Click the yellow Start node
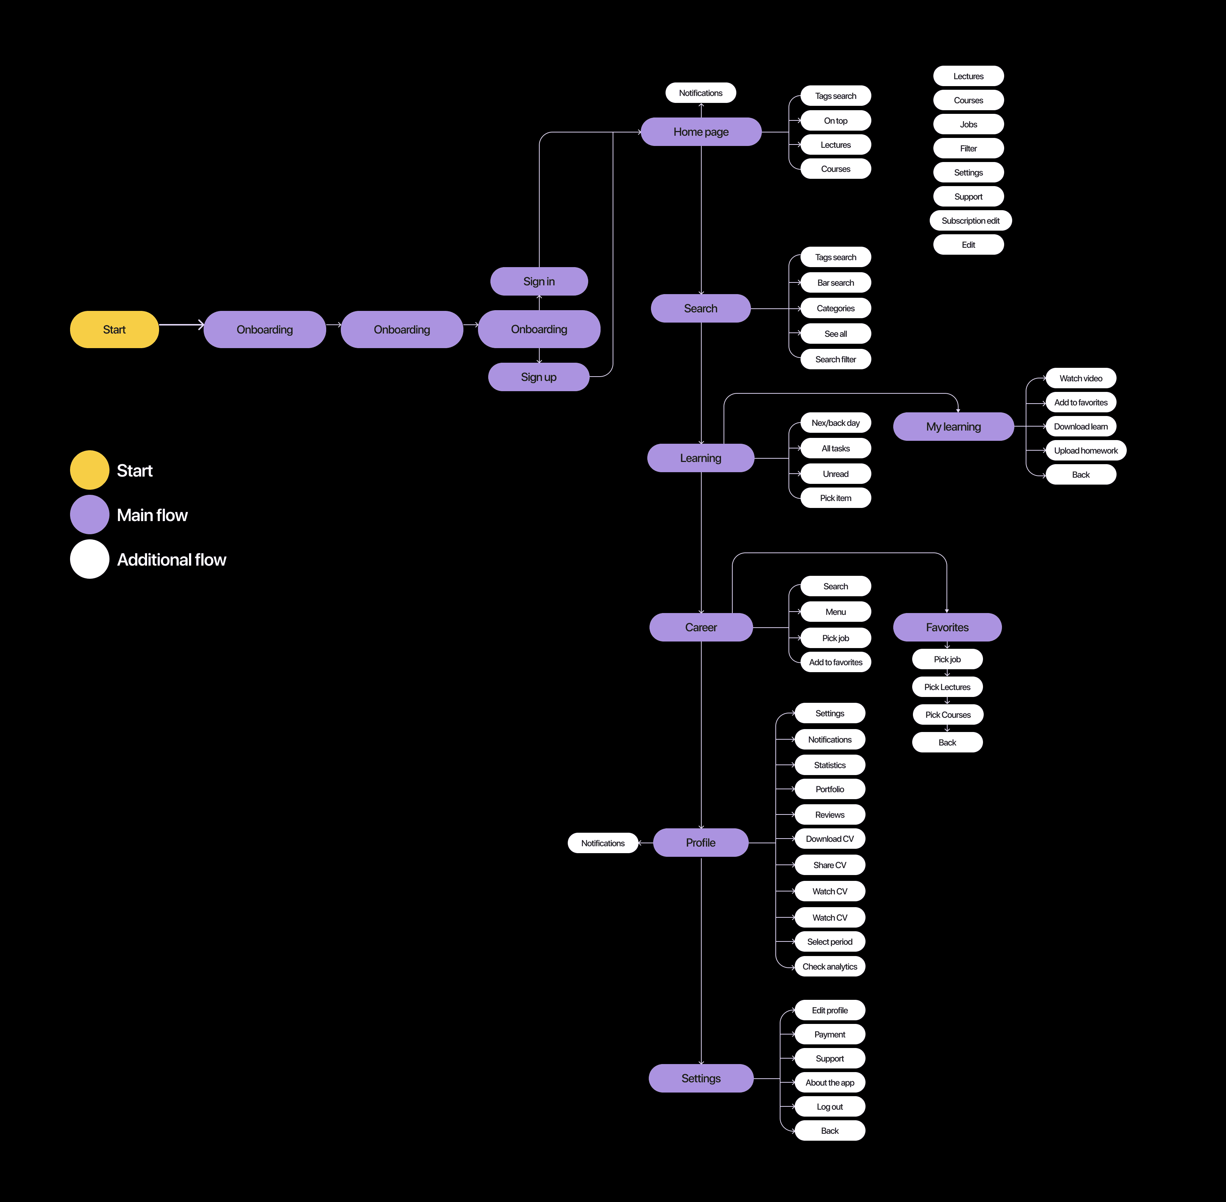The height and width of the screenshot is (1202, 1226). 114,330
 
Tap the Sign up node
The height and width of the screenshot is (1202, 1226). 539,377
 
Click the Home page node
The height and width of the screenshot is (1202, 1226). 701,132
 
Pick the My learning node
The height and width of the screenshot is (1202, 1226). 953,427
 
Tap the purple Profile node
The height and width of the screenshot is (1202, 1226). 701,843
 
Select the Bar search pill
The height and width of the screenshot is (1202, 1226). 835,283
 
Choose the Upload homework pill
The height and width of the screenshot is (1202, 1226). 1086,451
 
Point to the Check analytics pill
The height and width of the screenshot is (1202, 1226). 829,967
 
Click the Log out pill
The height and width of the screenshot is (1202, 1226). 829,1107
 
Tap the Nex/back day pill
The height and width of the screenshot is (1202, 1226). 835,423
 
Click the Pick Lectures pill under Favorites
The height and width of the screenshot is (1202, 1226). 947,687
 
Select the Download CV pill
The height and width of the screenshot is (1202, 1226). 829,839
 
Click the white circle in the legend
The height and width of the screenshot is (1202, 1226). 90,559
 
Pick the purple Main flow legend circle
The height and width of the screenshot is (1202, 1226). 90,515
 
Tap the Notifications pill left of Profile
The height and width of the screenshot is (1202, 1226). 603,843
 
